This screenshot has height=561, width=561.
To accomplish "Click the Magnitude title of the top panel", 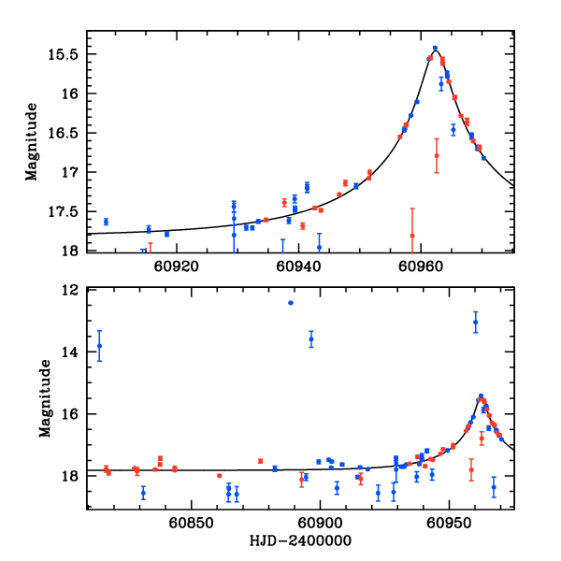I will pyautogui.click(x=32, y=141).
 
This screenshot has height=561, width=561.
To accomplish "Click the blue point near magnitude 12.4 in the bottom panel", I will pyautogui.click(x=291, y=302).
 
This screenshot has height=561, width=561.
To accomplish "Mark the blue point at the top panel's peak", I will pyautogui.click(x=435, y=49).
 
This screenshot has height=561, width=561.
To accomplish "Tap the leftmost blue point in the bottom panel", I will pyautogui.click(x=99, y=346).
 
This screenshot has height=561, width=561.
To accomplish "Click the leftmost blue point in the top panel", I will pyautogui.click(x=106, y=222).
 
